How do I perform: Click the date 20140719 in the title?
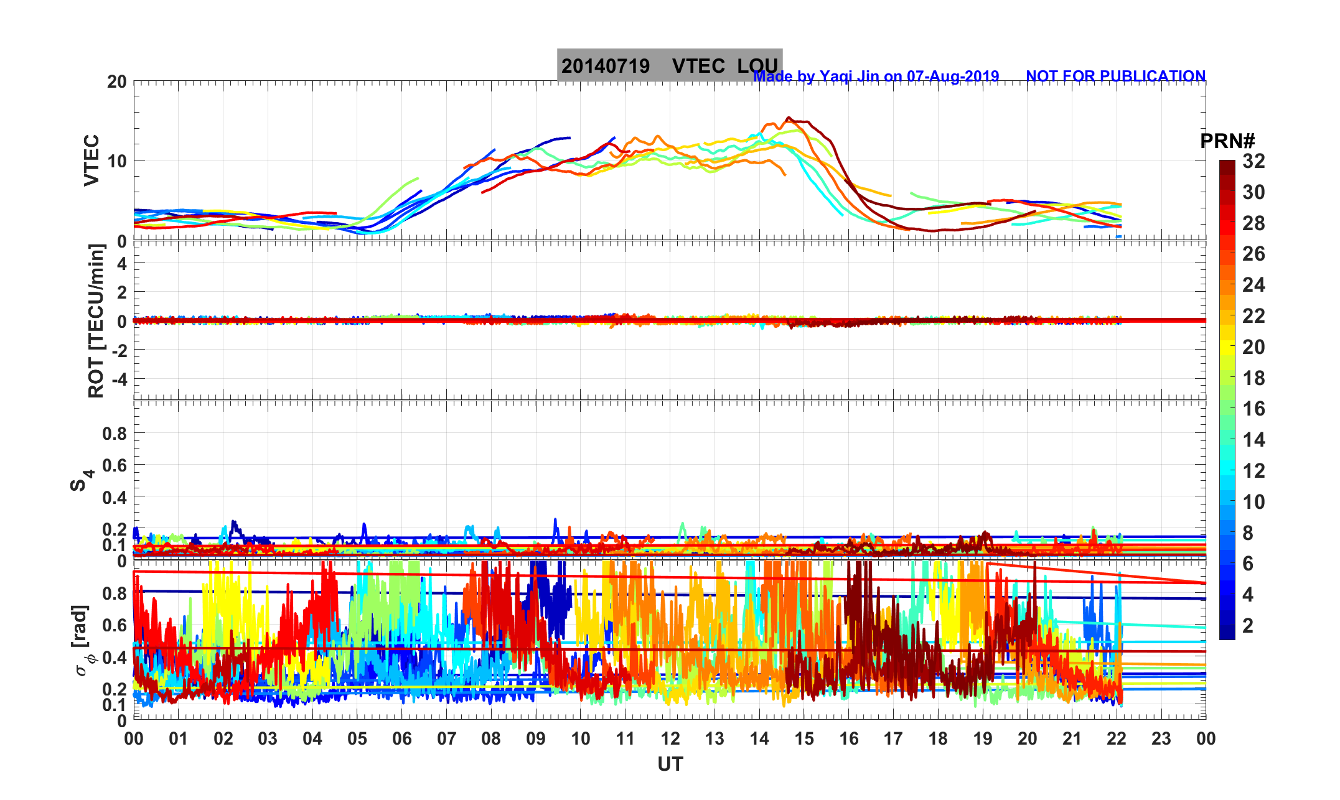coord(605,66)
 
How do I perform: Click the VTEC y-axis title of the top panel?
coord(91,160)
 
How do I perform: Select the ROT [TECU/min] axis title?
coord(96,321)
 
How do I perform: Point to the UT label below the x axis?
coord(670,764)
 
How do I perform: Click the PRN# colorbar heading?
coord(1227,141)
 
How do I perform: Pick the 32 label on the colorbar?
coord(1253,161)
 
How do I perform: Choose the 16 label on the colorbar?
coord(1253,409)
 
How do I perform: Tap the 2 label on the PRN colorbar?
coord(1247,625)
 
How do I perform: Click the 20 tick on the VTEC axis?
coord(116,81)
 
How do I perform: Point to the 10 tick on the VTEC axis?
coord(116,161)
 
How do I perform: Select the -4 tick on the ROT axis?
coord(118,379)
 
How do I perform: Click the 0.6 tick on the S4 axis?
coord(115,465)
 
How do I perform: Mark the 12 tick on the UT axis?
coord(670,738)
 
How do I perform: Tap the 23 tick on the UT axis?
coord(1161,738)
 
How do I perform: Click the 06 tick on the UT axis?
coord(402,738)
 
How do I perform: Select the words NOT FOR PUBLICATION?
coord(1115,76)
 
